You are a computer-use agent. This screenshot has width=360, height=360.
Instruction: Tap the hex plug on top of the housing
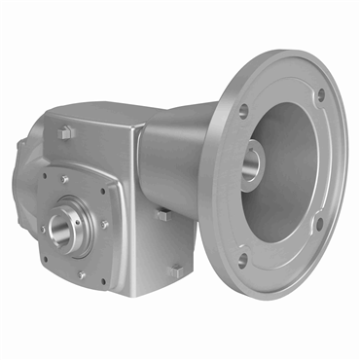66,129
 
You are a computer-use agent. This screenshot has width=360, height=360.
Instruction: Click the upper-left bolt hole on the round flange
240,111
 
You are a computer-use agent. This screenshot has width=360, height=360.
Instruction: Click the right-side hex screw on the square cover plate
104,225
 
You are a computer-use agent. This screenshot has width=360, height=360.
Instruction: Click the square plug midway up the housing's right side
162,215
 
